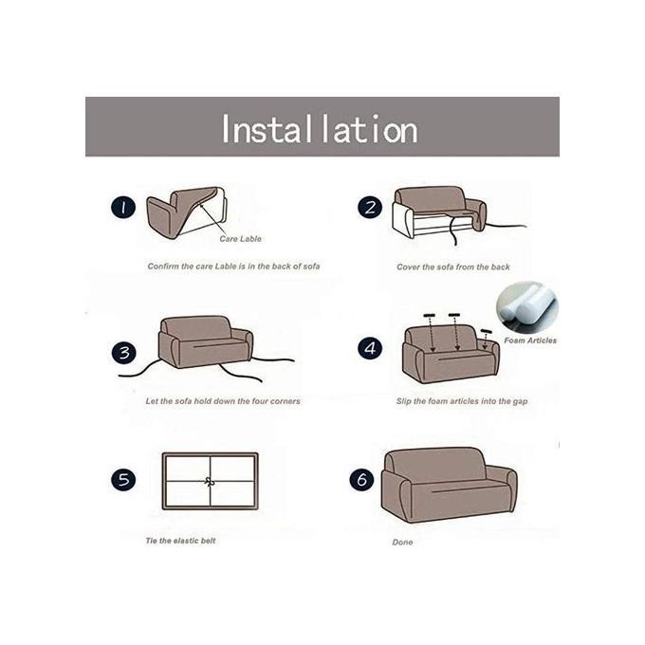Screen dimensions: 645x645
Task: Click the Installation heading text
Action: point(320,129)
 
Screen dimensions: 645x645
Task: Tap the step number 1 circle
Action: point(123,208)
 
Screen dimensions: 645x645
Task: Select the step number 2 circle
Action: point(369,208)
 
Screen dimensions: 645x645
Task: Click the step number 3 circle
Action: point(124,353)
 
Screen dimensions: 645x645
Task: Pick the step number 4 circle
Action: point(370,347)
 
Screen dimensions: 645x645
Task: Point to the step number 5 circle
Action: point(123,479)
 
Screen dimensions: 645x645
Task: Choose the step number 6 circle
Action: point(362,479)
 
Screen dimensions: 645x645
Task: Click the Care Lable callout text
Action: point(240,239)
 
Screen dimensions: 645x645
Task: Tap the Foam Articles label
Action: point(530,341)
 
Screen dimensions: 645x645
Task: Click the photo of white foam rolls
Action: point(527,307)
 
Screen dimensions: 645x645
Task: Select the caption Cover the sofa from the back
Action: point(452,267)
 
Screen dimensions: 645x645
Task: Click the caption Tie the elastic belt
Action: point(180,541)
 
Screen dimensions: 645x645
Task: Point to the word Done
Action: point(402,543)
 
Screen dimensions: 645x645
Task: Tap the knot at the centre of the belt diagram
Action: point(210,481)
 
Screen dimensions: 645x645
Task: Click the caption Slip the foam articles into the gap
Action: point(462,401)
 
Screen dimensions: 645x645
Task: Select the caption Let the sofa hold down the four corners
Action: point(223,401)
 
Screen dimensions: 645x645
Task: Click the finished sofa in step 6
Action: point(449,485)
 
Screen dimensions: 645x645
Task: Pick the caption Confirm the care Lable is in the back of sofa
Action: point(233,267)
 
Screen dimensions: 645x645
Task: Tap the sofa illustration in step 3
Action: point(205,341)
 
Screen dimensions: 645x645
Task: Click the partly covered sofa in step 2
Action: point(439,212)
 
